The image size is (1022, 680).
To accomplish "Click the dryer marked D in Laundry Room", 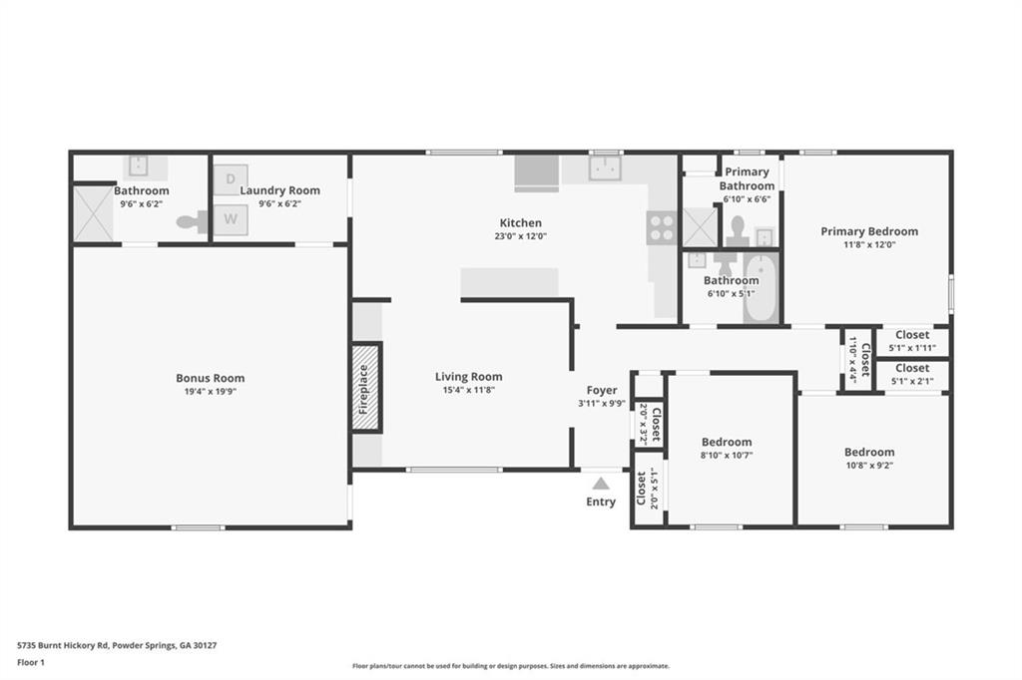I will pos(230,178).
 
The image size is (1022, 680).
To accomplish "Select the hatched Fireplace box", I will pos(366,387).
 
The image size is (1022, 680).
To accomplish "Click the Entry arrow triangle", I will pos(601,483).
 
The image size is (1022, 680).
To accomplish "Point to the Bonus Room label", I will pos(210,378).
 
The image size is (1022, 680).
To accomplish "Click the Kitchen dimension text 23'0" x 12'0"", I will pos(521,237).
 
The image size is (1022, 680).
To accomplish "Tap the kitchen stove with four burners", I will pos(661,228).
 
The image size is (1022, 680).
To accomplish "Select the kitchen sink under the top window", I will pos(605,169).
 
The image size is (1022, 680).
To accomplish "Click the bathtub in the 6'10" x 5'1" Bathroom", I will pos(761,289).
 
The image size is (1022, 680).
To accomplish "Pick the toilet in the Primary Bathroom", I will pos(738,231).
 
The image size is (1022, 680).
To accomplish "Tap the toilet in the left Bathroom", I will pos(192,222).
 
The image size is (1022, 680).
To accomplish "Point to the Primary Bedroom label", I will pos(869,231).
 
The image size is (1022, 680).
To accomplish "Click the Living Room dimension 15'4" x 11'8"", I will pos(468,391).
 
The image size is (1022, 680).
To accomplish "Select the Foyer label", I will pos(601,390).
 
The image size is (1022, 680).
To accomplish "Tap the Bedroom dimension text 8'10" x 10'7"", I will pos(727,456).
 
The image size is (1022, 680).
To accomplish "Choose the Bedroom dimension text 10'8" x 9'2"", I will pos(869,466).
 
